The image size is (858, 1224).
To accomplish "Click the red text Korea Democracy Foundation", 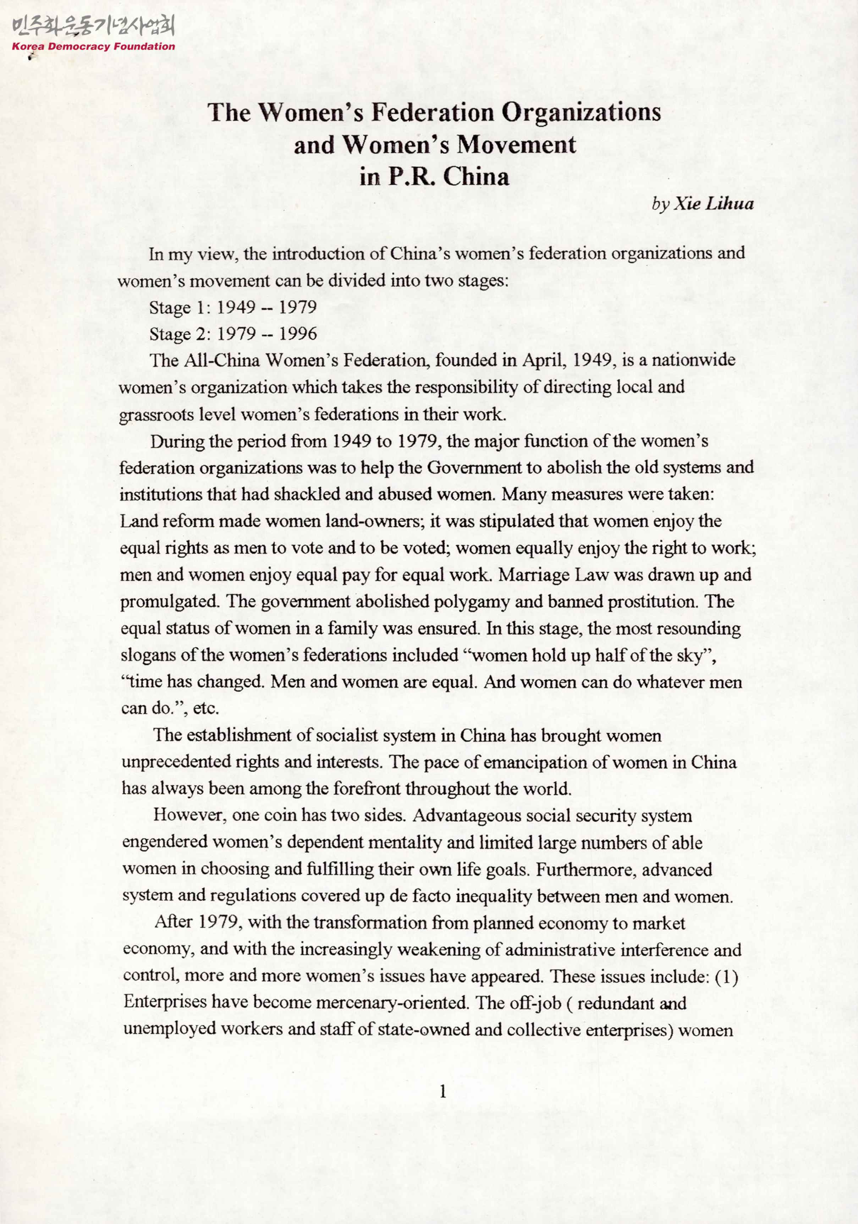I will [x=93, y=46].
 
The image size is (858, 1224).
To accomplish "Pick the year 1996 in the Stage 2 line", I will [x=298, y=334].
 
